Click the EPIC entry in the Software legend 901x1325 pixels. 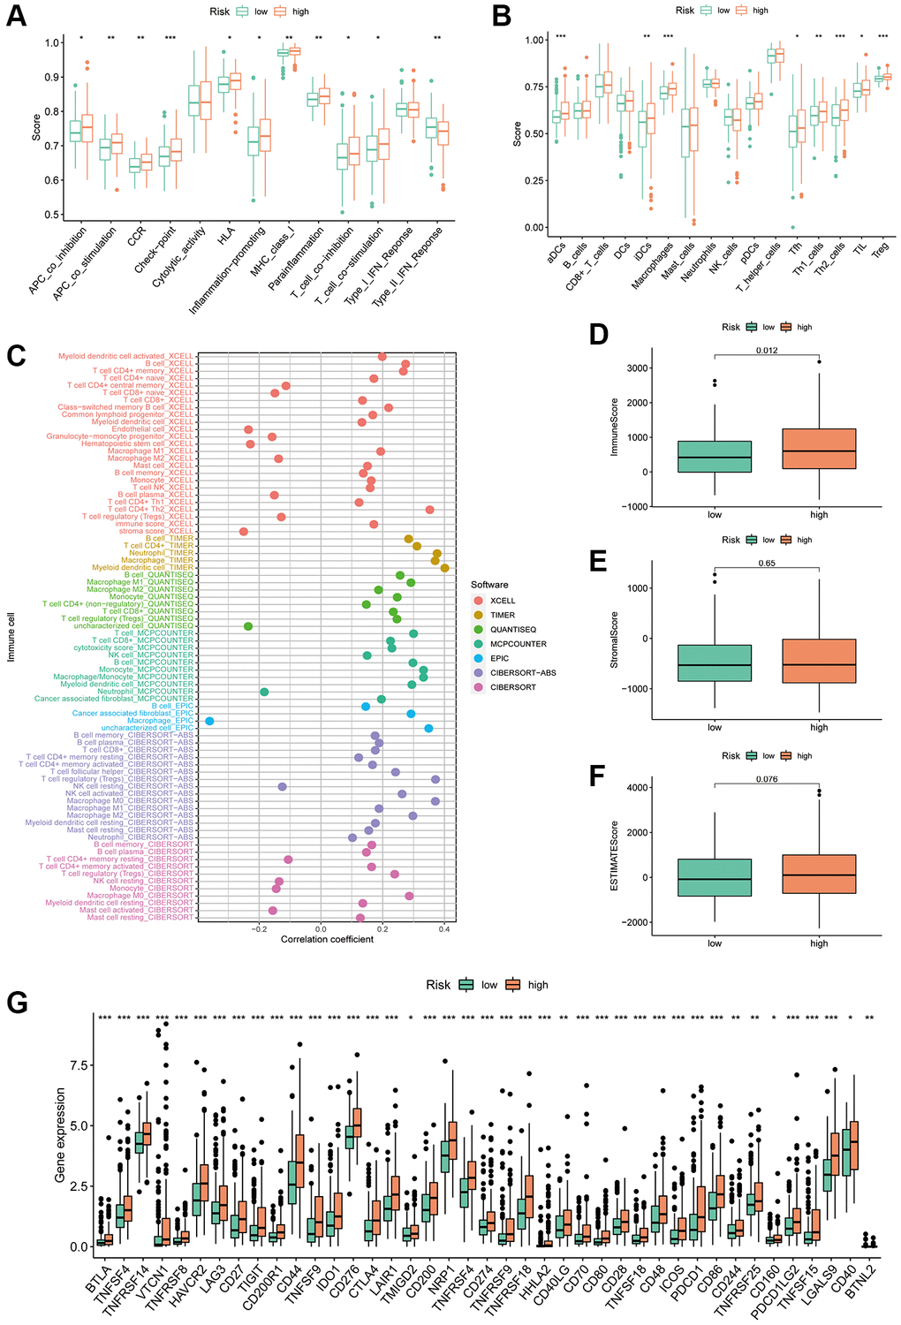click(499, 658)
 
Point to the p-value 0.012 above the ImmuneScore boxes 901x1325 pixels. click(767, 351)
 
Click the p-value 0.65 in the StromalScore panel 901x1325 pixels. click(767, 564)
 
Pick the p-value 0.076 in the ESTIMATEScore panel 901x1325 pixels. click(767, 779)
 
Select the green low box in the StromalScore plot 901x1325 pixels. click(715, 662)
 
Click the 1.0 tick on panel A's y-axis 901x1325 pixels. click(52, 42)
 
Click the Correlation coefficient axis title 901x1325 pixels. click(327, 939)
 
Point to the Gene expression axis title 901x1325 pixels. click(60, 1135)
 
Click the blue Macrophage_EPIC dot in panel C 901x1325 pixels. click(209, 721)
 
